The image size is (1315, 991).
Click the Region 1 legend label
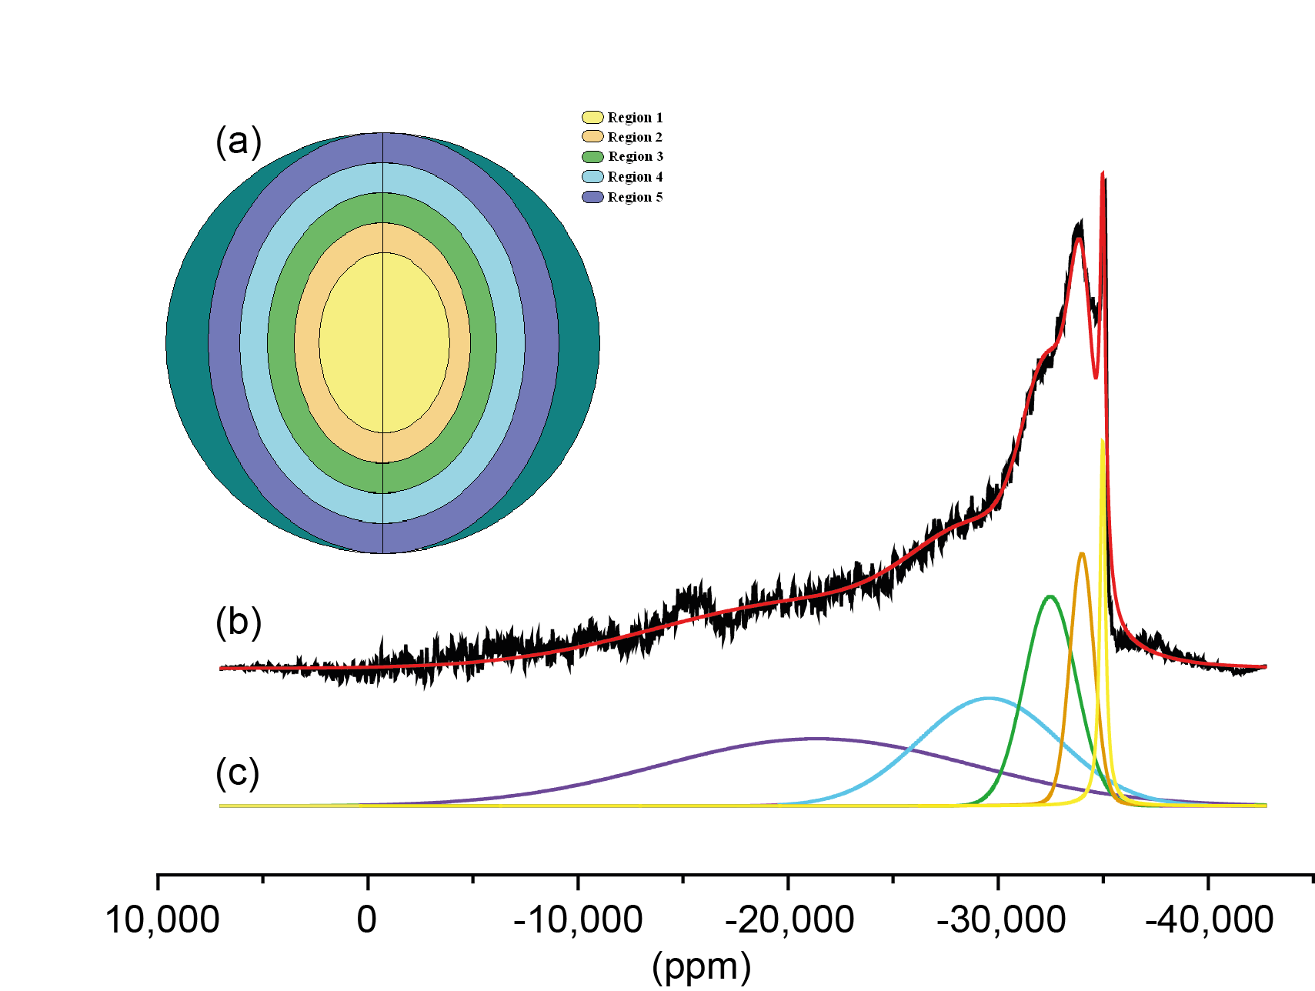click(635, 118)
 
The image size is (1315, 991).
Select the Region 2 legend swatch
click(592, 137)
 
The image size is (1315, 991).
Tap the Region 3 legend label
click(636, 157)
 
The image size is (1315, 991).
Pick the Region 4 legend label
click(635, 177)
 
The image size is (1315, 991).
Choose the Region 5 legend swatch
click(592, 197)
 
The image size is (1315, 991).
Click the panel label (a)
click(239, 142)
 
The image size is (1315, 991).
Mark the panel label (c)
click(238, 772)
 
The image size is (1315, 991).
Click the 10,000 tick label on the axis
click(162, 920)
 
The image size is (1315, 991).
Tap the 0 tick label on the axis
click(367, 920)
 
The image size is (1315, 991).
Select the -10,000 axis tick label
click(578, 920)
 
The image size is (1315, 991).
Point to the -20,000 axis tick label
click(789, 920)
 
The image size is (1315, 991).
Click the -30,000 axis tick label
click(1000, 920)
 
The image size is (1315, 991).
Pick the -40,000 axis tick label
click(1210, 920)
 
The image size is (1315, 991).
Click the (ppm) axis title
click(701, 966)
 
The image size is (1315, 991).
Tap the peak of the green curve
click(1050, 596)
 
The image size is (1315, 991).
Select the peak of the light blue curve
click(990, 699)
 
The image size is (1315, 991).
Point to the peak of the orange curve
click(1082, 553)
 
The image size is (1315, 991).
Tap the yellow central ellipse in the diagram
click(384, 342)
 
